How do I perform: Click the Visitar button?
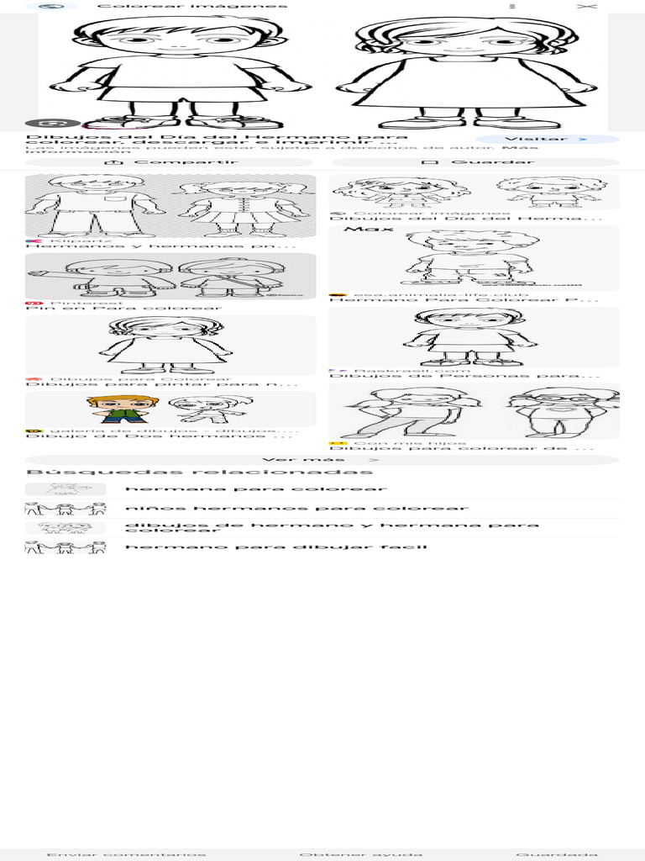pyautogui.click(x=547, y=140)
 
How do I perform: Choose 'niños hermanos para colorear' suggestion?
pyautogui.click(x=296, y=508)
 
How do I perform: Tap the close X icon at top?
pyautogui.click(x=587, y=6)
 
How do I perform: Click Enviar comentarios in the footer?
pyautogui.click(x=126, y=854)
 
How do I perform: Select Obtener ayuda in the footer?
pyautogui.click(x=360, y=854)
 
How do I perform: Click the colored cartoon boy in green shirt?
pyautogui.click(x=123, y=408)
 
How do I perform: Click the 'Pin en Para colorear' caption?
pyautogui.click(x=124, y=308)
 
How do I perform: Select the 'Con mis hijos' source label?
pyautogui.click(x=409, y=442)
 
